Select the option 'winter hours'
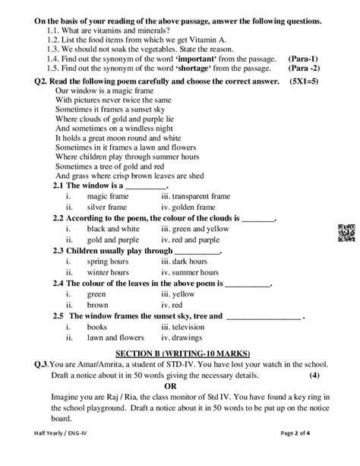(109, 271)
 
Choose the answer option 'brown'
(97, 304)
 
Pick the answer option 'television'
(189, 326)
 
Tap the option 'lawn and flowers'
(115, 337)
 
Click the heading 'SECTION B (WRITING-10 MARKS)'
(182, 353)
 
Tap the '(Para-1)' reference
(304, 58)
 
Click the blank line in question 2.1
(144, 185)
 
